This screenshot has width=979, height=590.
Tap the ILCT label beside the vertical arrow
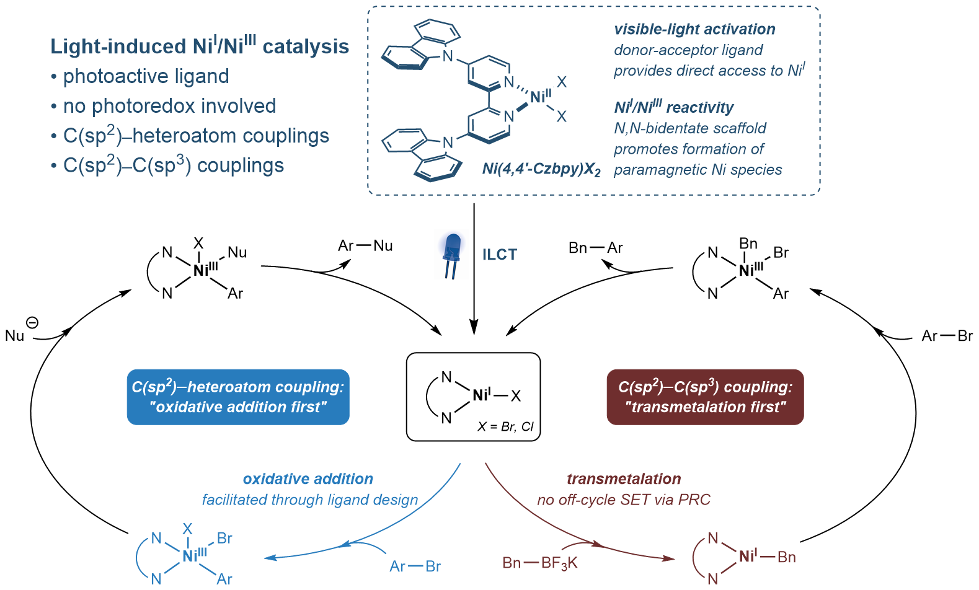499,255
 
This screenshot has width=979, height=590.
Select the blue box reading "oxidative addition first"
238,397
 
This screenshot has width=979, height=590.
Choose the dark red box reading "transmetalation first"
705,397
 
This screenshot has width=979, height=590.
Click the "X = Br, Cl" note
505,426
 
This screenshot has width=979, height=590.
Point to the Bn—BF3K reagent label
540,563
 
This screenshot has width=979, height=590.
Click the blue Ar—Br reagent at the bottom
415,566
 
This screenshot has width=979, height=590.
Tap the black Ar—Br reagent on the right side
947,336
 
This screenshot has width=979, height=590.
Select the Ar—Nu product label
365,246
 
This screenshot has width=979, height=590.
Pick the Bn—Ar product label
595,248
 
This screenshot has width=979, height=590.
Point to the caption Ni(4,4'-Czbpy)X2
541,169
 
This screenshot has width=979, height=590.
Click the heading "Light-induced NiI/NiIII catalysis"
200,46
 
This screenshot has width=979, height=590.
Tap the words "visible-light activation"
694,29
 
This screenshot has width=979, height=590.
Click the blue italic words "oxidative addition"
308,479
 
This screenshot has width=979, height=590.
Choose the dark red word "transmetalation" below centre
624,479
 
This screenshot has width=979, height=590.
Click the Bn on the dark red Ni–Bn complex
786,557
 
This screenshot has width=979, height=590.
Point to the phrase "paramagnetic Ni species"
698,170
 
